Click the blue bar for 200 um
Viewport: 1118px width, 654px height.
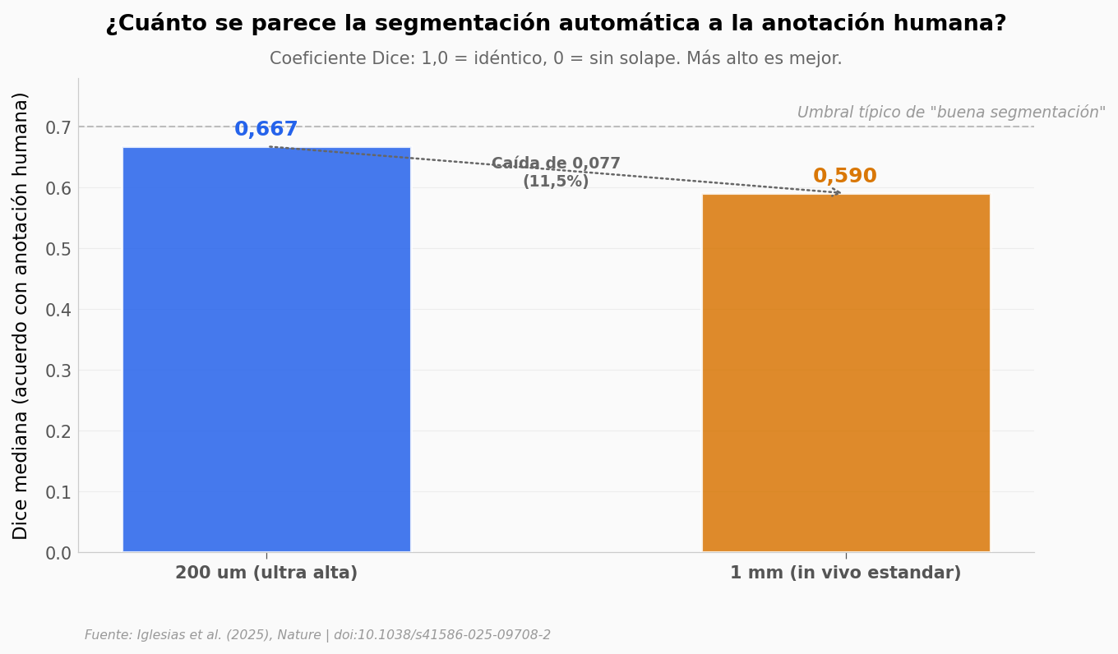[266, 349]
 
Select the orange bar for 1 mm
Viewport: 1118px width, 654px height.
[845, 373]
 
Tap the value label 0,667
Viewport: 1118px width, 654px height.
[266, 130]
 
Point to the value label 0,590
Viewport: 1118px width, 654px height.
[844, 177]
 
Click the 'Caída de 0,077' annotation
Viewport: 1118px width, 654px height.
[556, 164]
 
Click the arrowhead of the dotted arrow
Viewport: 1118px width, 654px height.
[837, 192]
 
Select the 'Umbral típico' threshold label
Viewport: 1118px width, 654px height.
[950, 113]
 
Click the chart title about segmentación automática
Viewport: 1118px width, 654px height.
[556, 24]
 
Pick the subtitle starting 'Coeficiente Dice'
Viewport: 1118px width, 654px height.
[556, 59]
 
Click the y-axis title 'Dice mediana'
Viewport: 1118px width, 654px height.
[21, 315]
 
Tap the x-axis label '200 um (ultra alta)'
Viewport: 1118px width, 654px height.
[266, 573]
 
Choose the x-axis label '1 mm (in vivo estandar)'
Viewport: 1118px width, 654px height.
[845, 573]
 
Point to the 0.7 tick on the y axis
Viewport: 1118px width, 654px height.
[58, 127]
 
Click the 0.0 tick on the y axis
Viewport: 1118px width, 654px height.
[58, 553]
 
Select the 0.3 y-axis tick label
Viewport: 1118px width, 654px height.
[58, 371]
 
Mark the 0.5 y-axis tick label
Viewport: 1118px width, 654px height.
[58, 249]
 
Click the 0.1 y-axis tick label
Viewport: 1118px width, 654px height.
[58, 492]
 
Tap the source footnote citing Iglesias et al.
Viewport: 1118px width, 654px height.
[317, 635]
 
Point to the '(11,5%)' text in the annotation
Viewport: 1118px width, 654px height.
[556, 182]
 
